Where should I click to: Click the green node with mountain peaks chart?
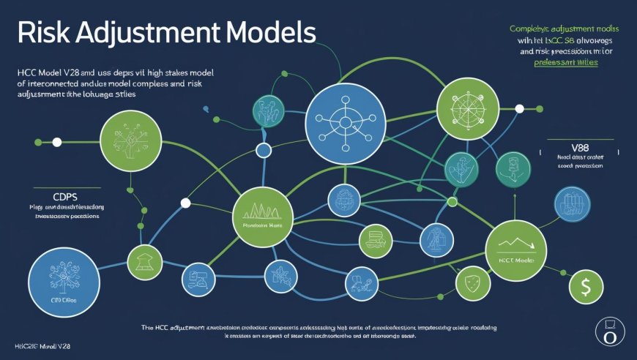(261, 214)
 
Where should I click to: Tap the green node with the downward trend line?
(515, 250)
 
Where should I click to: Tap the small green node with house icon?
(144, 260)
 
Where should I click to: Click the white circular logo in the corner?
(610, 331)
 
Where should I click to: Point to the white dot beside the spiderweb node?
(519, 108)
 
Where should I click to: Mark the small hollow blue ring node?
(263, 151)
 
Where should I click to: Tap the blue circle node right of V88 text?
(573, 204)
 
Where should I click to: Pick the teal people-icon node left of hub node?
(268, 110)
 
